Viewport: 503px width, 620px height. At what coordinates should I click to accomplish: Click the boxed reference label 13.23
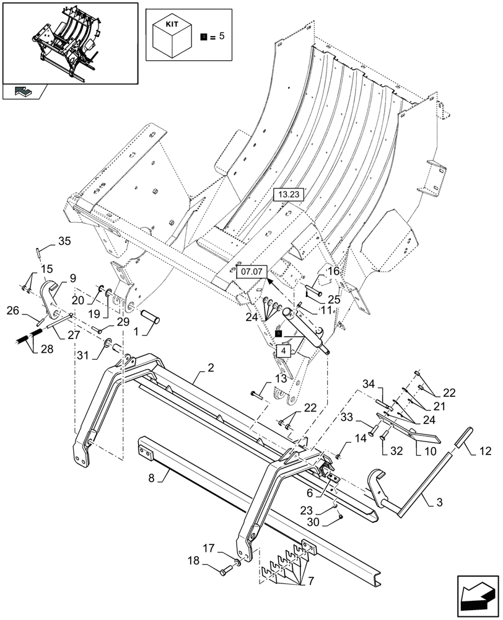click(289, 195)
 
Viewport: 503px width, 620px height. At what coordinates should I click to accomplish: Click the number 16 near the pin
click(333, 271)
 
